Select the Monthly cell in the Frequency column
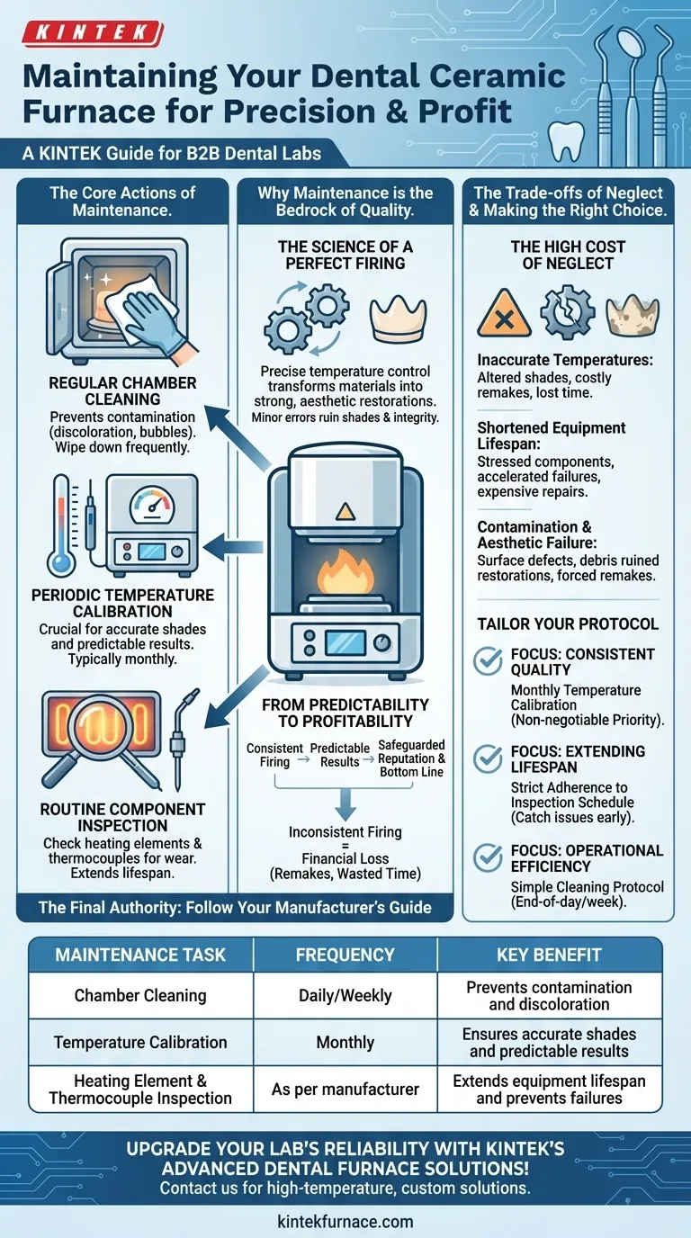345,1043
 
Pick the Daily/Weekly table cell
345,996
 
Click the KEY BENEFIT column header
549,955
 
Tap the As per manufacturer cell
345,1090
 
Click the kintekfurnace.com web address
345,1221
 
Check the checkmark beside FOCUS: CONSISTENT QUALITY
489,662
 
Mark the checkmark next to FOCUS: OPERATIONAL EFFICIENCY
489,858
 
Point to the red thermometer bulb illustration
62,563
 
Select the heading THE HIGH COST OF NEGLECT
568,255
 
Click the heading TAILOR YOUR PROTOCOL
568,623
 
